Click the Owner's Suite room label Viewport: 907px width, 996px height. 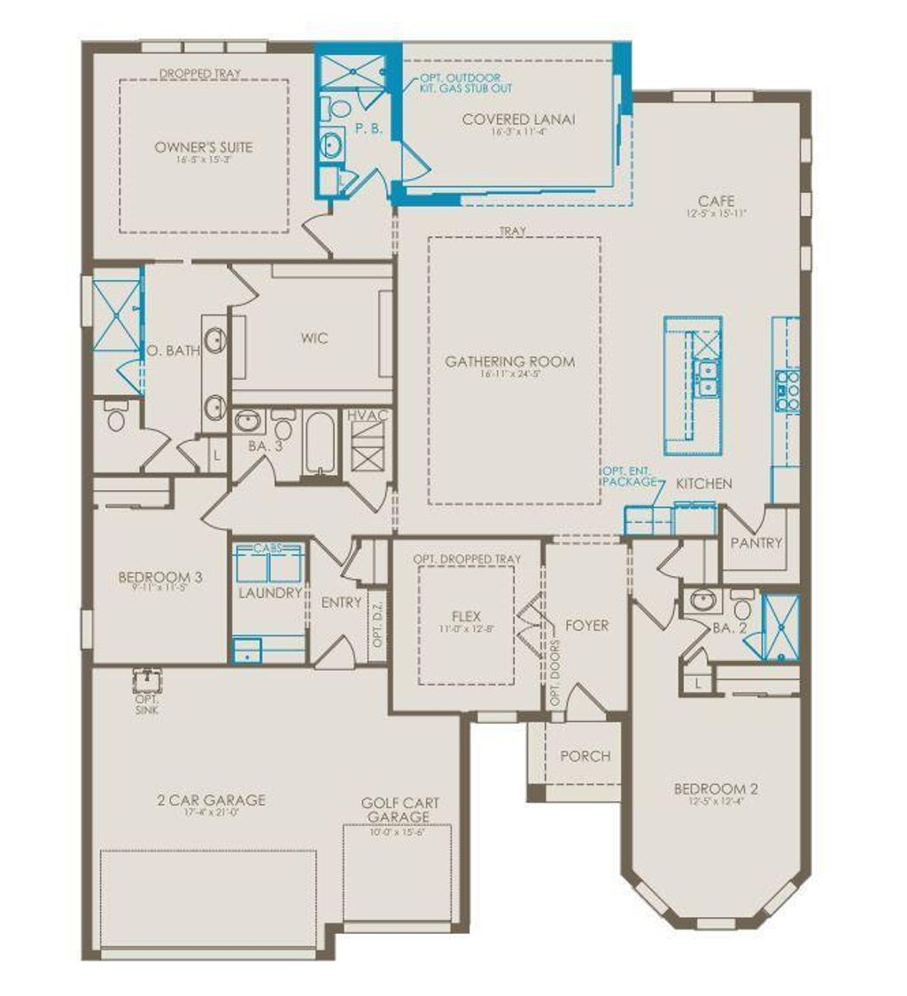(203, 147)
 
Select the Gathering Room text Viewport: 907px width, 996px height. (509, 361)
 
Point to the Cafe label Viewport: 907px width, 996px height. (717, 201)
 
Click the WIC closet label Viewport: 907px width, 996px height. (314, 338)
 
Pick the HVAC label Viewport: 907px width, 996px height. (368, 415)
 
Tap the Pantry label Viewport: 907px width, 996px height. (756, 542)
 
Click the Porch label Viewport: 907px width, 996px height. (585, 756)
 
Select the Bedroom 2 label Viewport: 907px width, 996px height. (716, 789)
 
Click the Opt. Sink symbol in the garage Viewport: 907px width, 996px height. (146, 681)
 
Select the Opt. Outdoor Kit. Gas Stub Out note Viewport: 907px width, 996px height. (467, 83)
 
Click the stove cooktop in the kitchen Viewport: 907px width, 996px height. (788, 390)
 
